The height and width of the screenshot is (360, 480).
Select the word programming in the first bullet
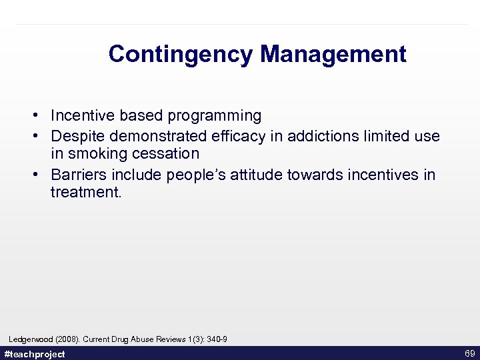click(x=215, y=116)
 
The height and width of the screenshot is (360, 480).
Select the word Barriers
click(x=77, y=175)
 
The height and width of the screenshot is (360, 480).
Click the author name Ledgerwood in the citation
click(x=31, y=340)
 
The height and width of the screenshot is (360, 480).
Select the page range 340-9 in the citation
click(x=217, y=340)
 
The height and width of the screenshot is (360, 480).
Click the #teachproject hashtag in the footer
click(x=35, y=354)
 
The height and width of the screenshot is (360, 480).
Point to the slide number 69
click(x=469, y=353)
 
